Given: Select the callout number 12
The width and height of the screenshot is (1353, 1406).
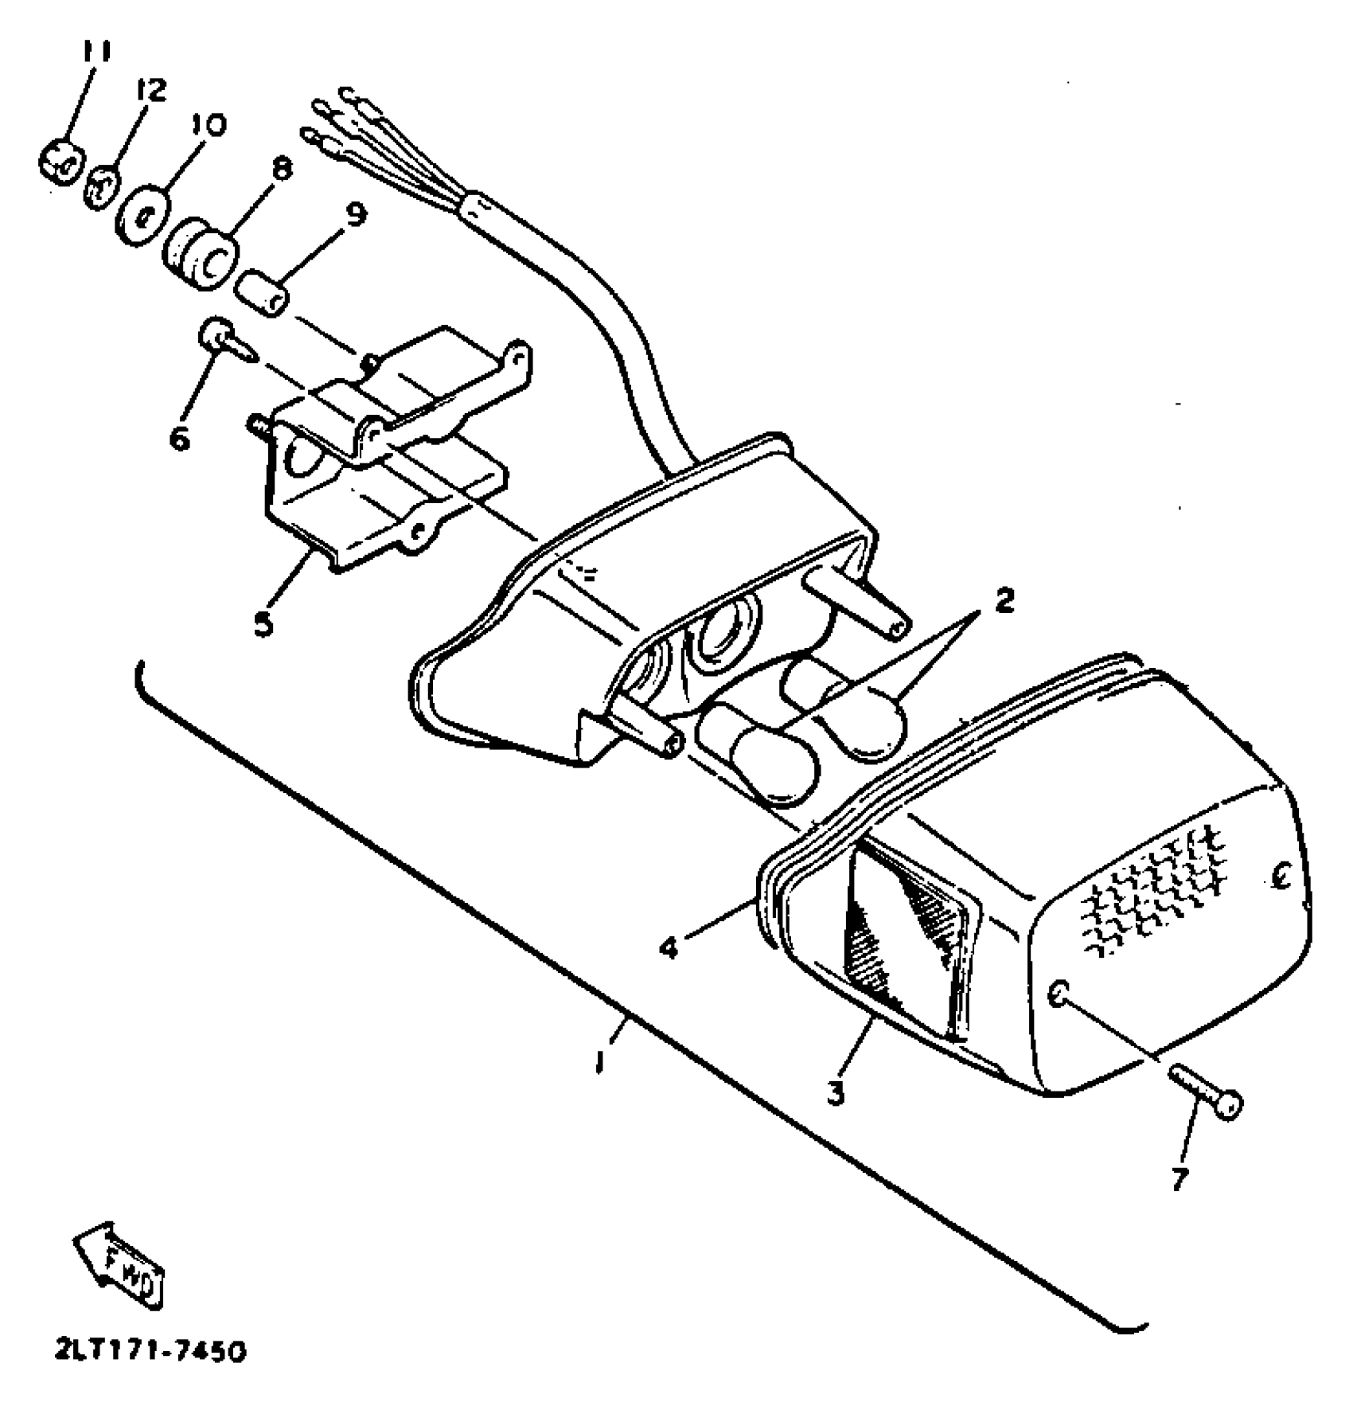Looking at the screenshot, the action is pyautogui.click(x=151, y=92).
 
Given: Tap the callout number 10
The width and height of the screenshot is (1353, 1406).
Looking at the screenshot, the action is pyautogui.click(x=209, y=126).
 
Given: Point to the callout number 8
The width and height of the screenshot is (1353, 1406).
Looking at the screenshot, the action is pyautogui.click(x=282, y=170).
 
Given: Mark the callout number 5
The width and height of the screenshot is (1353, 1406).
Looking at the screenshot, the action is pyautogui.click(x=263, y=623).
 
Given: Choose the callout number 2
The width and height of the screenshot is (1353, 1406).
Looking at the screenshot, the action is pyautogui.click(x=1004, y=600).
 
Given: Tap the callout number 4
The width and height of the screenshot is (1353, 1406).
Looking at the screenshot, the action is pyautogui.click(x=670, y=947).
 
